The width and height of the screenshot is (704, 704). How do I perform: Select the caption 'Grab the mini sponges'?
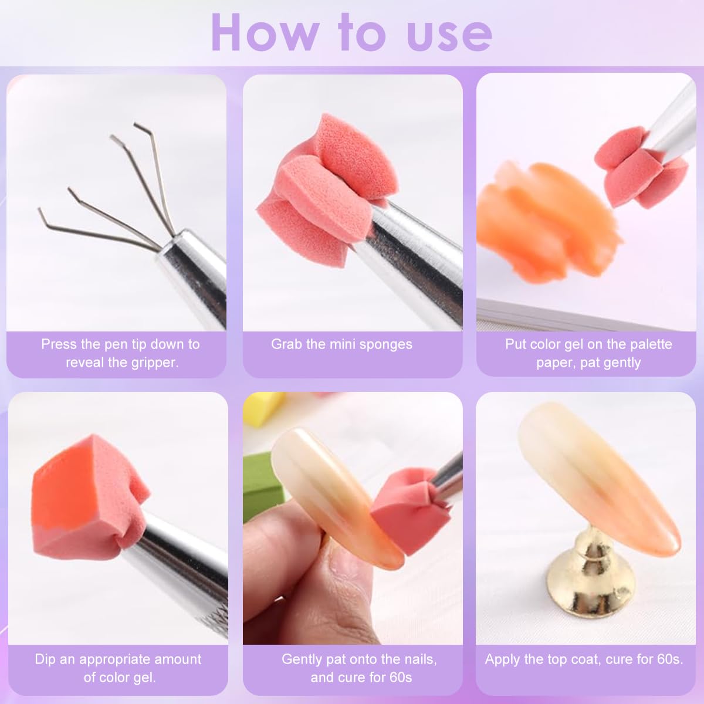[341, 344]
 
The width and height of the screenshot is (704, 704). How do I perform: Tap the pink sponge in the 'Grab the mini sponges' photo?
[311, 188]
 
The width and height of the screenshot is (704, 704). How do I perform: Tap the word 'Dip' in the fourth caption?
[45, 659]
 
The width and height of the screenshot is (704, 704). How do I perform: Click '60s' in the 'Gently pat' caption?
[400, 678]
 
